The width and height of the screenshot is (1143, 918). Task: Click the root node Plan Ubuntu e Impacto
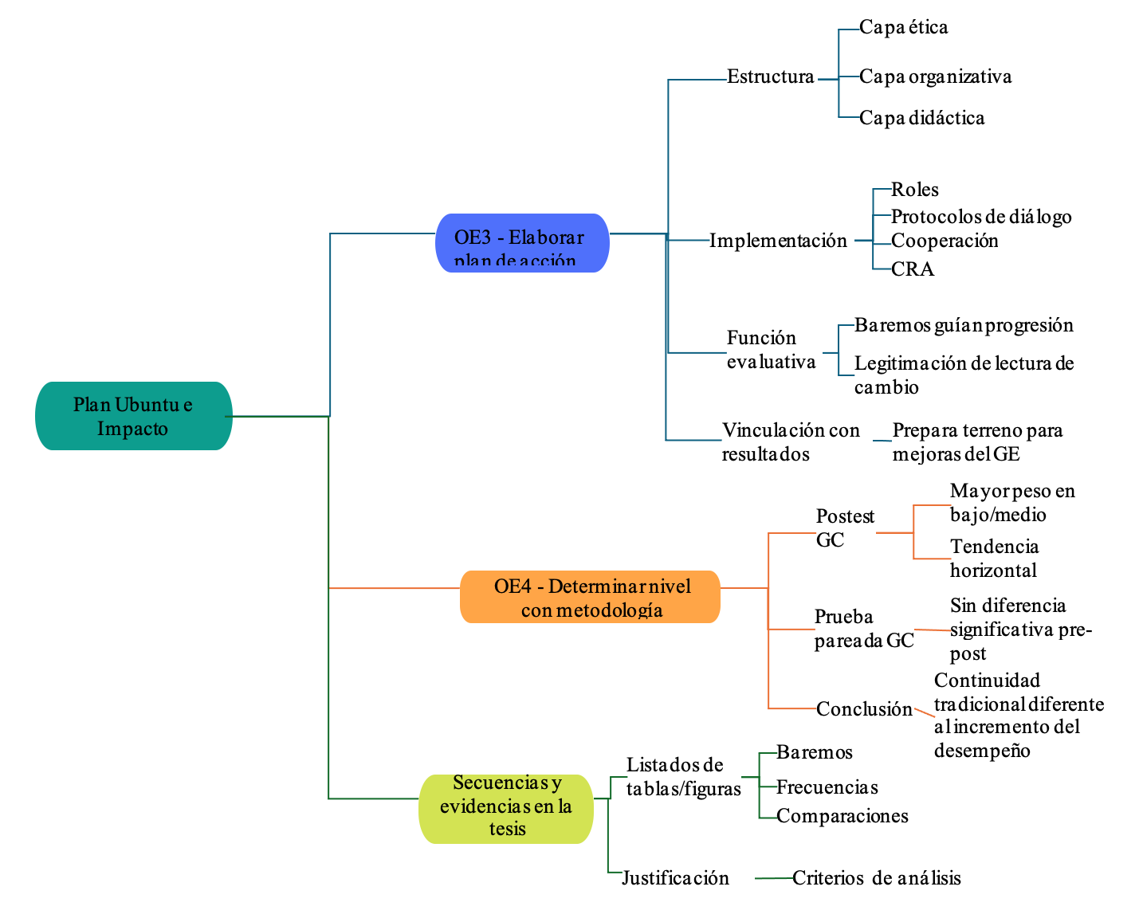133,416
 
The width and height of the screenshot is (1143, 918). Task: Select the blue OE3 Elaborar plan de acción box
522,243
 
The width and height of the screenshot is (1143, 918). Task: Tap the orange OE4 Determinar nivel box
590,597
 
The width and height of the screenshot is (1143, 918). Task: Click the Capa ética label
903,28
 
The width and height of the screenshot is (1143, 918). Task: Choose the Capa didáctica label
921,118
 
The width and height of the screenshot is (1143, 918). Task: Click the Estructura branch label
770,77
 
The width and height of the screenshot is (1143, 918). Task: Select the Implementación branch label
778,241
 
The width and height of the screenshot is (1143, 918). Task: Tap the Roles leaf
914,190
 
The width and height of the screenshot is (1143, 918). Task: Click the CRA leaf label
912,269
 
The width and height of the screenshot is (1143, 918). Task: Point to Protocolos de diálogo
980,217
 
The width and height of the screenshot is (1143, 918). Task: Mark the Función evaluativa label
771,350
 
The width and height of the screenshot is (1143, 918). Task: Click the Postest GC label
845,528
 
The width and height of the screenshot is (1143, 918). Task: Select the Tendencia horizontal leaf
994,559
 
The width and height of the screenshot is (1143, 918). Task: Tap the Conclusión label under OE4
864,709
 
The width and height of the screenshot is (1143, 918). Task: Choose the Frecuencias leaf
827,787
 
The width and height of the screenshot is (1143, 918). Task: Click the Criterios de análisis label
876,878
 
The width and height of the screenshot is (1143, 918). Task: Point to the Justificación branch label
675,878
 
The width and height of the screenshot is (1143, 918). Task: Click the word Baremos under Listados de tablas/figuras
814,752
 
